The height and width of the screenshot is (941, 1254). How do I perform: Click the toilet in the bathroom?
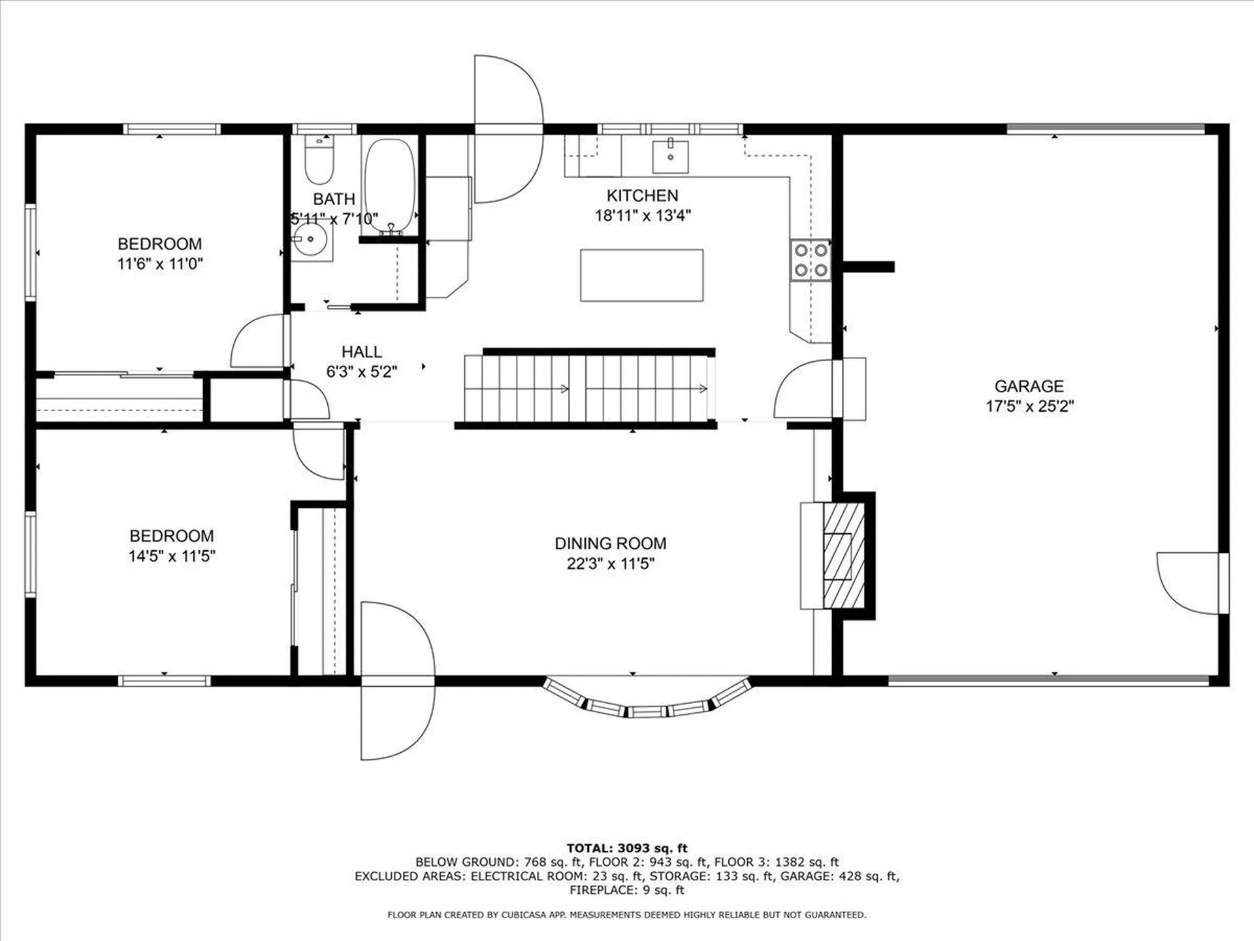pos(319,161)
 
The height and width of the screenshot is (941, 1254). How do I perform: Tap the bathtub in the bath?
pos(389,186)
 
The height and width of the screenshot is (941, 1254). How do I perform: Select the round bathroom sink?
pos(310,240)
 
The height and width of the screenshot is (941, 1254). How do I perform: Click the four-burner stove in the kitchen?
pos(811,260)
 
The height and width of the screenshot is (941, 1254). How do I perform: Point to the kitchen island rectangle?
pos(641,275)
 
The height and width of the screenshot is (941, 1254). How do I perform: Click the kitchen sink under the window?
pos(670,156)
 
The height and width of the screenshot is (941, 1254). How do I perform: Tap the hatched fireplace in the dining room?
pos(843,555)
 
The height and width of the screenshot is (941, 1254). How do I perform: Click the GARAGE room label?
pos(1029,386)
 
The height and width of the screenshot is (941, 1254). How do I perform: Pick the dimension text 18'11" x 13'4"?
pos(643,216)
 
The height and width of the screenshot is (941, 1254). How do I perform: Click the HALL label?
pos(361,352)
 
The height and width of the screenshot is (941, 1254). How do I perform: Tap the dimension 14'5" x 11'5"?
pos(172,556)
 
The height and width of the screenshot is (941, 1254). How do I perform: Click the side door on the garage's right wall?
pos(1189,584)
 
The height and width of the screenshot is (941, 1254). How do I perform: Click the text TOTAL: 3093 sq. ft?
pos(626,848)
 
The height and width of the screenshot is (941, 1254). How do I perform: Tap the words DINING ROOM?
pos(610,543)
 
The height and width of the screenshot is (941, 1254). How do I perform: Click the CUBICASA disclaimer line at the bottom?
pos(626,915)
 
